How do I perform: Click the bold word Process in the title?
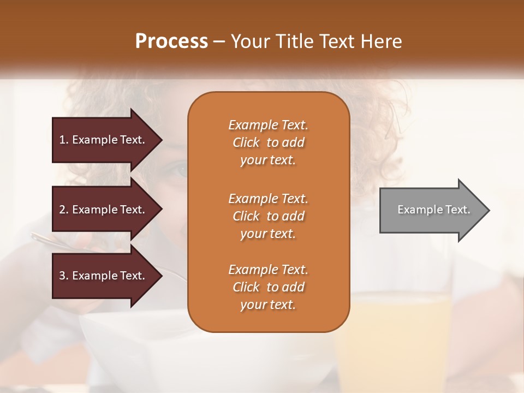click(x=171, y=41)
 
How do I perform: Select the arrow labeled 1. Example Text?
click(x=104, y=140)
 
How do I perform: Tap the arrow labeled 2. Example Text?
click(x=104, y=210)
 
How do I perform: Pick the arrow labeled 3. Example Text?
click(x=104, y=276)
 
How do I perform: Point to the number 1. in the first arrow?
click(x=64, y=140)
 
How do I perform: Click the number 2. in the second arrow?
click(x=64, y=210)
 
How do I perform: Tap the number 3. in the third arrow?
click(x=64, y=276)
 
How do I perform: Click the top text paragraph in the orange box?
click(x=268, y=142)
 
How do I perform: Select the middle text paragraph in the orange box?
click(x=268, y=216)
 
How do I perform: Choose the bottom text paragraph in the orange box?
click(x=268, y=287)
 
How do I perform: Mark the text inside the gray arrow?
click(x=433, y=210)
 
